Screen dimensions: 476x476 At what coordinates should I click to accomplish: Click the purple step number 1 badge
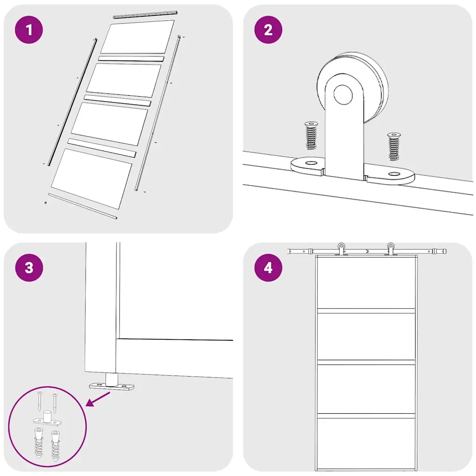click(29, 30)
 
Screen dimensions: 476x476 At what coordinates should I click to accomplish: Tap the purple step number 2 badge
click(268, 30)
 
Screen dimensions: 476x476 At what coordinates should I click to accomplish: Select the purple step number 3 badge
click(29, 268)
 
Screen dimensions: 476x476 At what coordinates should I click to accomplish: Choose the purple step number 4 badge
click(268, 268)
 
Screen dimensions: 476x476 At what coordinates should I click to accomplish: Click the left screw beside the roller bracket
click(311, 135)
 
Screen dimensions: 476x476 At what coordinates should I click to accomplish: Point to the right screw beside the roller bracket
click(394, 146)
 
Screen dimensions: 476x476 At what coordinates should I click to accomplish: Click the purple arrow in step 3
click(99, 399)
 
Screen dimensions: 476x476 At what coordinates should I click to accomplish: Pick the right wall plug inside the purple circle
click(56, 445)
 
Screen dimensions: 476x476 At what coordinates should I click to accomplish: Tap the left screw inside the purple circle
click(40, 401)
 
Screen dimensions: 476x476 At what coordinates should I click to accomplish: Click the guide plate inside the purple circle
click(47, 420)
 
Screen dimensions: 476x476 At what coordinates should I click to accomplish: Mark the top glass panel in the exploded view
click(138, 37)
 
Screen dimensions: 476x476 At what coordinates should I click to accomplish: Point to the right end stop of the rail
click(439, 251)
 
